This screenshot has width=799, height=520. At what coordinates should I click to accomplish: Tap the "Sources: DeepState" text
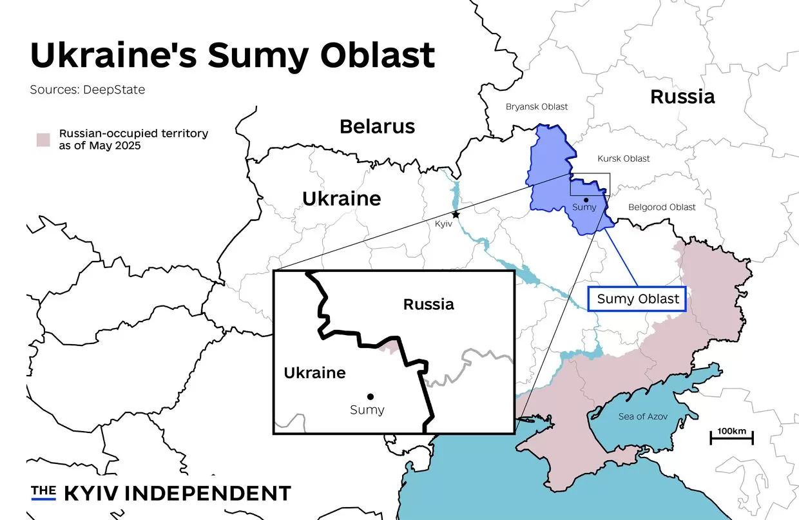click(x=88, y=90)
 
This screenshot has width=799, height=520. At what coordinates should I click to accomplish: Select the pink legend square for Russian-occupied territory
click(x=43, y=140)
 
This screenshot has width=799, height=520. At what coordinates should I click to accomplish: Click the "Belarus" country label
click(x=377, y=126)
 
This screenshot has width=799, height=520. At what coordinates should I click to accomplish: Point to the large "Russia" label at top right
click(x=682, y=97)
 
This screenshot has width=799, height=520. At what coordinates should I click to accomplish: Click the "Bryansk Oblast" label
click(x=537, y=106)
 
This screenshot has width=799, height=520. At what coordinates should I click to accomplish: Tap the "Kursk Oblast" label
click(x=623, y=159)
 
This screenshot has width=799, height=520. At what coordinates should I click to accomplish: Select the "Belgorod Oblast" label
click(x=662, y=207)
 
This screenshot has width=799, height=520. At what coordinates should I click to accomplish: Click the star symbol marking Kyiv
click(x=456, y=214)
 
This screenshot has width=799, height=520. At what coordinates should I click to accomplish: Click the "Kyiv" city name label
click(x=445, y=223)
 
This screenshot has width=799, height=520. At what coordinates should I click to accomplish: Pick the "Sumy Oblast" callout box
click(x=637, y=299)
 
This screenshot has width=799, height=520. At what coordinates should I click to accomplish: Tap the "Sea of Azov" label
click(x=642, y=416)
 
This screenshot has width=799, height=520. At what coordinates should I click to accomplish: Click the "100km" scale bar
click(x=731, y=438)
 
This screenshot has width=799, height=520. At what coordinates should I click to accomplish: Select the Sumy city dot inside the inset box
click(x=370, y=396)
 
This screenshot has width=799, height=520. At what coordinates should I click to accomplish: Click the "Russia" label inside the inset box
click(x=428, y=304)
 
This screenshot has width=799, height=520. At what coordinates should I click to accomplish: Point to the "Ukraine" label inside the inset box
click(x=314, y=372)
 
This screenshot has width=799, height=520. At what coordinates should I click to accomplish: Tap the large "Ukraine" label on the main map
click(x=342, y=198)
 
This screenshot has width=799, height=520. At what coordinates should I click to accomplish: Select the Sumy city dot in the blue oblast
click(x=586, y=200)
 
